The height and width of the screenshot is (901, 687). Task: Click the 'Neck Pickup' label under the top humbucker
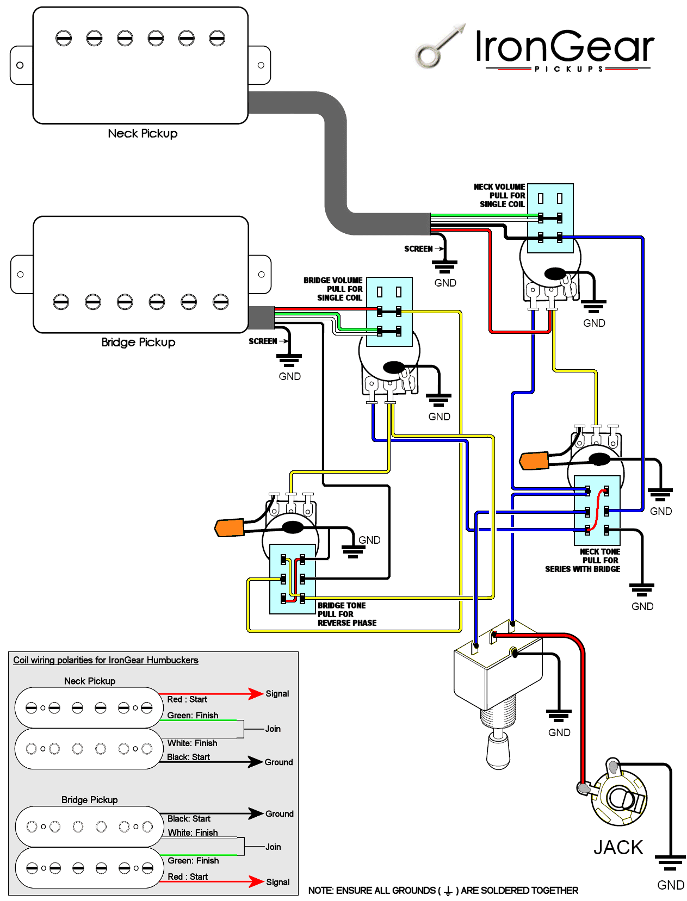[143, 133]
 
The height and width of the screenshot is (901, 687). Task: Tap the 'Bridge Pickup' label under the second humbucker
[138, 343]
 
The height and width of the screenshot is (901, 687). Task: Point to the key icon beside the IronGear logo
[440, 46]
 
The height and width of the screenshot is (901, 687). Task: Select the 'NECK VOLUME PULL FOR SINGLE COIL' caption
[499, 195]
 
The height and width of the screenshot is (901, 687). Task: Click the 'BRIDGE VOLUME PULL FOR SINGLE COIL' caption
[332, 289]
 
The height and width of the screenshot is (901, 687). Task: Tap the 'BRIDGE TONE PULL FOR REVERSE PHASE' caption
[346, 614]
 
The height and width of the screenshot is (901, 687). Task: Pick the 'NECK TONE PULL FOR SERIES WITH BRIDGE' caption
[582, 560]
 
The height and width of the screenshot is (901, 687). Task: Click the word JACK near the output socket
[617, 848]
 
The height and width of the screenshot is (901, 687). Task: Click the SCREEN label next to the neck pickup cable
[418, 248]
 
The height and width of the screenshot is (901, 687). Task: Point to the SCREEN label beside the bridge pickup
[262, 341]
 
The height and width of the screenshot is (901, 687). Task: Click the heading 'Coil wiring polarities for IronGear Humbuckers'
[106, 660]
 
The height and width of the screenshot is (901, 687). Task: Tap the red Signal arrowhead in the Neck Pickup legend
[256, 694]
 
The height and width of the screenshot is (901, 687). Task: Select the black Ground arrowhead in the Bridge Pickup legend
[256, 813]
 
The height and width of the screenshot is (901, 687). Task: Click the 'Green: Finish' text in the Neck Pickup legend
[192, 716]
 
